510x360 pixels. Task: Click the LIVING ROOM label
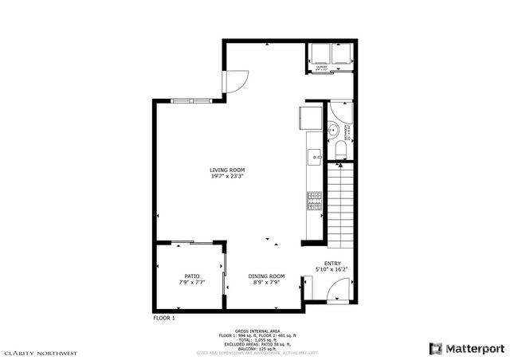tap(226, 170)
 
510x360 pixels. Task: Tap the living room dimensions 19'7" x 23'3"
tap(226, 177)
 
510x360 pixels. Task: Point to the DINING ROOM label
tap(266, 276)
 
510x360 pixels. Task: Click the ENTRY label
tap(332, 263)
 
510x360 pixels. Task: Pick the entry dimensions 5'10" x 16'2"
tap(332, 269)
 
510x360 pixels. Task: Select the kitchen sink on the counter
tap(315, 153)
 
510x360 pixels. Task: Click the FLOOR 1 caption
tap(163, 318)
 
